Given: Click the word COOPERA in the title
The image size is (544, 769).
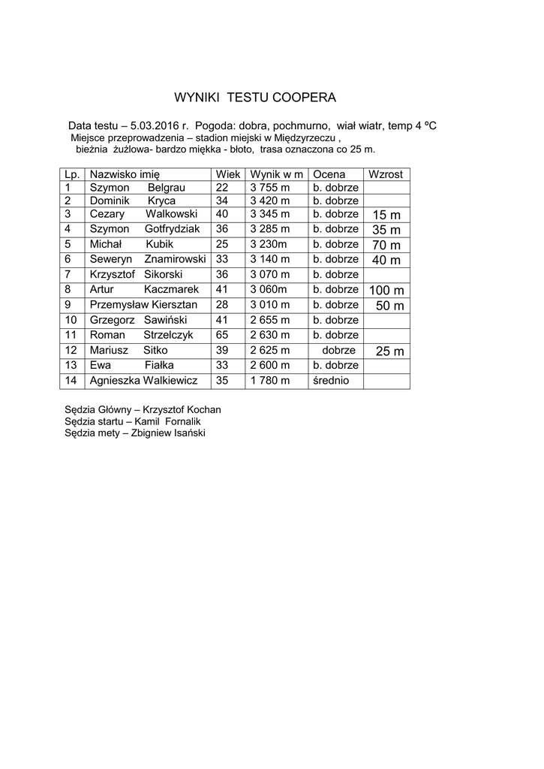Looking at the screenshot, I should click(304, 98).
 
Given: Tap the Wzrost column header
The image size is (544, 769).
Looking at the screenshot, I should click(386, 174).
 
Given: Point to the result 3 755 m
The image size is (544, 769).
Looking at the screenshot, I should click(269, 188).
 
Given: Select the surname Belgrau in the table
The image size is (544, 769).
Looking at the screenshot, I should click(167, 188).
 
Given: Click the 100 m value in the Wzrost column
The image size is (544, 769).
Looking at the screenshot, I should click(386, 291).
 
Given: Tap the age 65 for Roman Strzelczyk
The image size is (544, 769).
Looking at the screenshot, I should click(221, 335).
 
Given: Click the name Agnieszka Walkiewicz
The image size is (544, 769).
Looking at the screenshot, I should click(143, 381).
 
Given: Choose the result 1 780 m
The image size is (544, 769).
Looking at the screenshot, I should click(269, 381).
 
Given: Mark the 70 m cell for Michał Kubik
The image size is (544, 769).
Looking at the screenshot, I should click(386, 246).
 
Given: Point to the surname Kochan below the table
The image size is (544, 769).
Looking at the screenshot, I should click(201, 410).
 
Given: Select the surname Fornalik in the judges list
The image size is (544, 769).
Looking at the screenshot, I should click(185, 421).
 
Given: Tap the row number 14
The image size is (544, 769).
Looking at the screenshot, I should click(71, 381).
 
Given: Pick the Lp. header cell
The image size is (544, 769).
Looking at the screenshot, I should click(72, 174).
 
